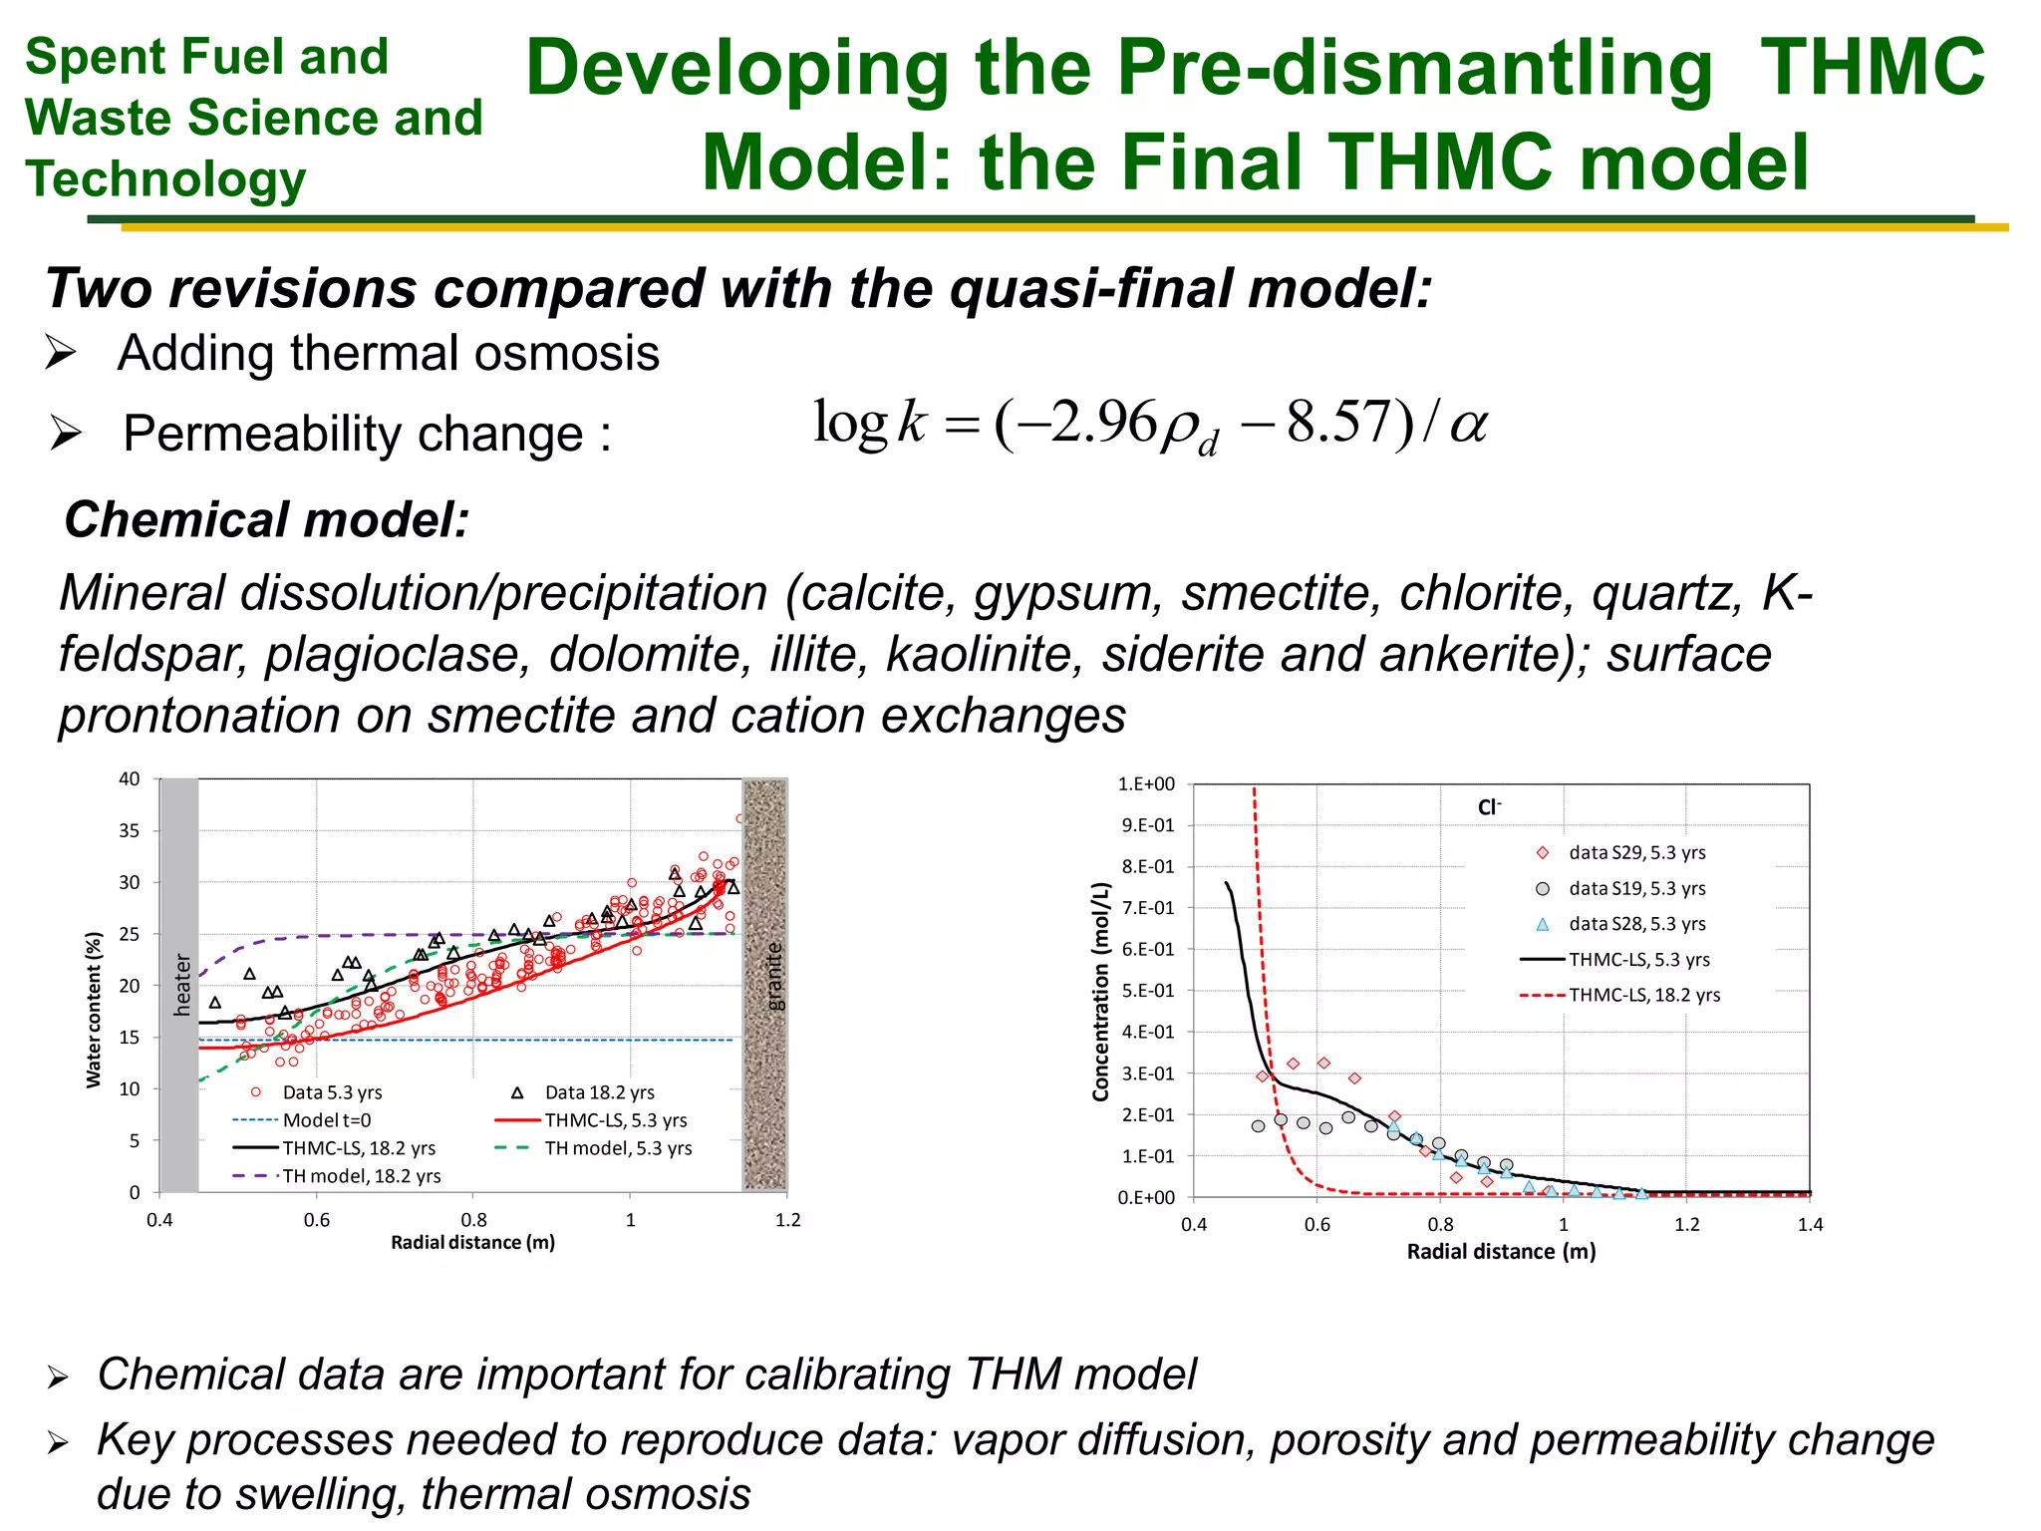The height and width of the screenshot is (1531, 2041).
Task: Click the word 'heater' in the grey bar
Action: pyautogui.click(x=182, y=985)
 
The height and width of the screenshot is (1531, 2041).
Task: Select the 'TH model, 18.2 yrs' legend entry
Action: pyautogui.click(x=361, y=1176)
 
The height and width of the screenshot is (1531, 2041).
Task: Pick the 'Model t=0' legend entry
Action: pyautogui.click(x=326, y=1120)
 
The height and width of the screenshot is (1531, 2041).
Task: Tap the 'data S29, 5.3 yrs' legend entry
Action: pyautogui.click(x=1635, y=852)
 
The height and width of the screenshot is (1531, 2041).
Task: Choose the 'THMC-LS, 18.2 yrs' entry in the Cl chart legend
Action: pyautogui.click(x=1643, y=995)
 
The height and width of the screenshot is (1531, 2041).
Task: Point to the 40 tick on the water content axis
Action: pyautogui.click(x=130, y=779)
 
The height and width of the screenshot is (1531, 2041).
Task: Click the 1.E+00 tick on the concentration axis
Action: pyautogui.click(x=1146, y=784)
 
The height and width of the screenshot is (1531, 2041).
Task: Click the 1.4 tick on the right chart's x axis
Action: pyautogui.click(x=1810, y=1225)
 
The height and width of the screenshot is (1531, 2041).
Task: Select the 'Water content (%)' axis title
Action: pyautogui.click(x=94, y=1009)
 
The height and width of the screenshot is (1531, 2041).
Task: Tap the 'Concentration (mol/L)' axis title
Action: pyautogui.click(x=1100, y=992)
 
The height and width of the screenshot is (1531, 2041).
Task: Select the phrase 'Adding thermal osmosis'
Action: pyautogui.click(x=389, y=353)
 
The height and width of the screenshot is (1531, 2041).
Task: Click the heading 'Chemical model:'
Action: pyautogui.click(x=266, y=520)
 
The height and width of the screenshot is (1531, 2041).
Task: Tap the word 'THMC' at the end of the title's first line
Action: pyautogui.click(x=1873, y=68)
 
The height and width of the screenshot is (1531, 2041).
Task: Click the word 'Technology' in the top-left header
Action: pyautogui.click(x=165, y=179)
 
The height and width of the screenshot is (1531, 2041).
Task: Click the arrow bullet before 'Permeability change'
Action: pyautogui.click(x=66, y=434)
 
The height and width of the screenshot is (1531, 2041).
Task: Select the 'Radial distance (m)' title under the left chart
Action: pyautogui.click(x=472, y=1242)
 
